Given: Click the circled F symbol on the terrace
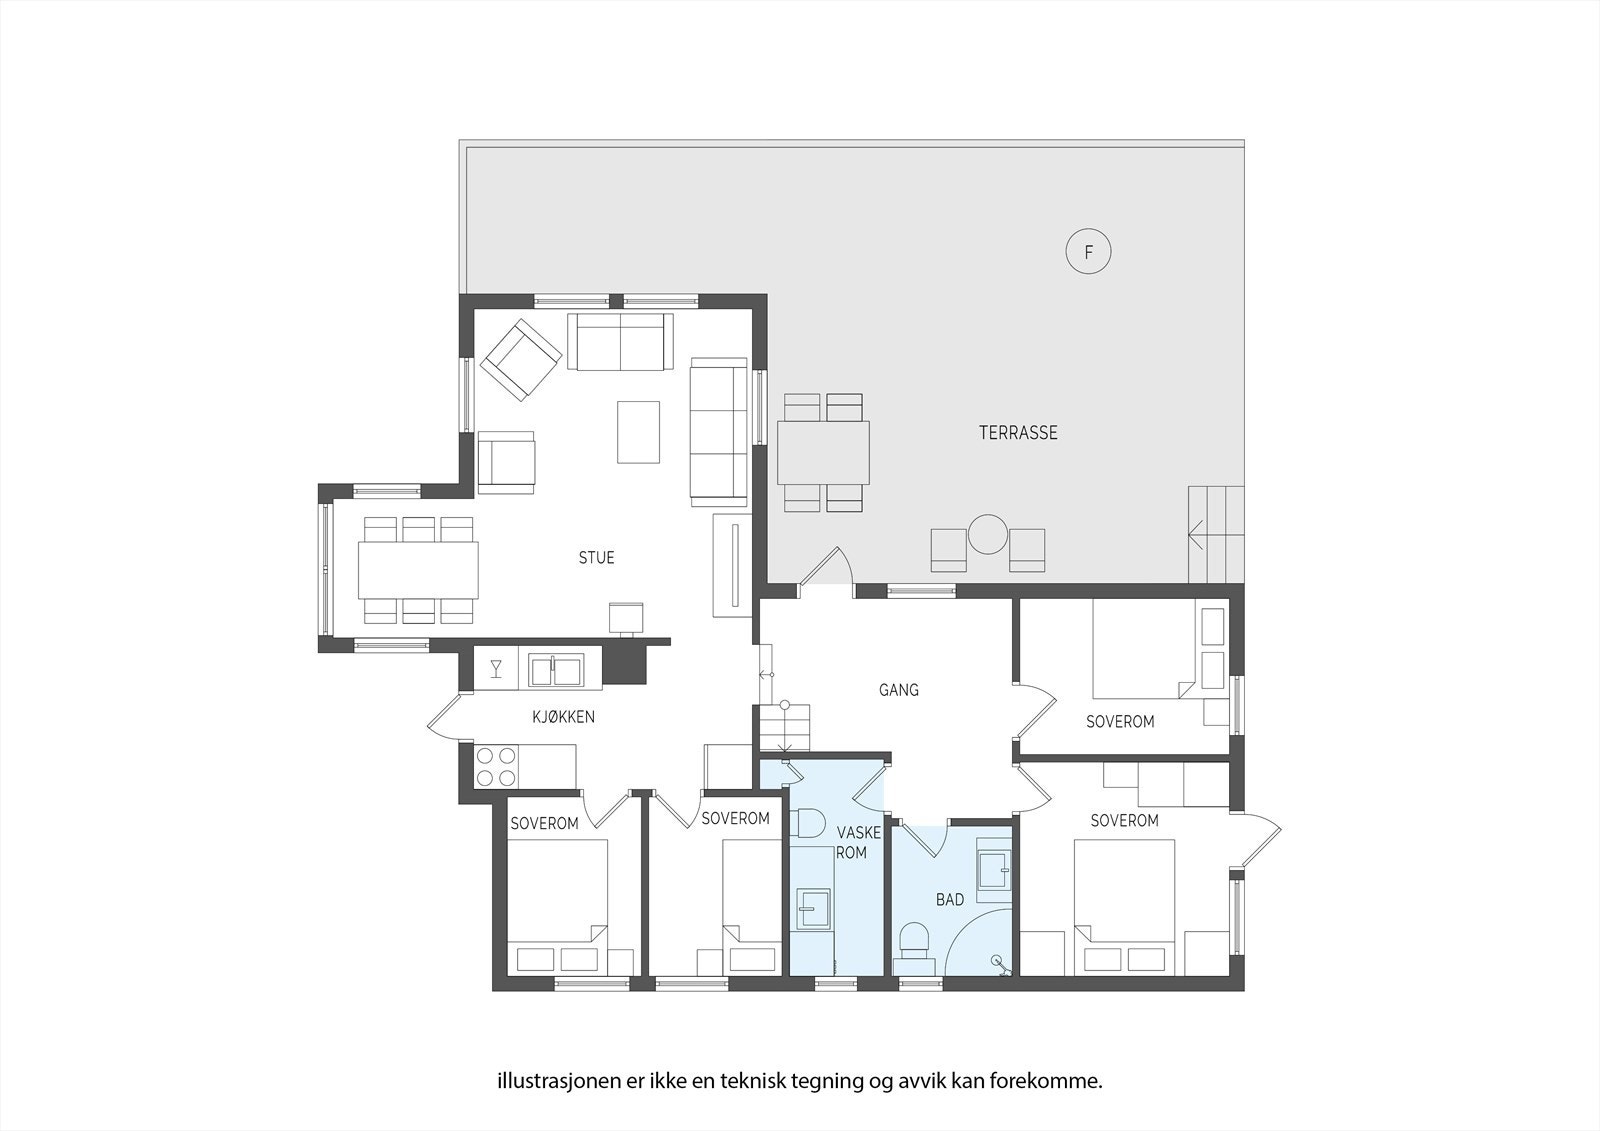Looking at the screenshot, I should point(1089,252).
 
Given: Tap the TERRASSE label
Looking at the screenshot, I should point(1018,433).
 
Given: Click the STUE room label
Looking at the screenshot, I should point(596,558).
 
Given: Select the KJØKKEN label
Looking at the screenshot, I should point(563,716).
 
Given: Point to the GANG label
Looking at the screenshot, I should point(898,690).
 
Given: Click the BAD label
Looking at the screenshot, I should point(950,900).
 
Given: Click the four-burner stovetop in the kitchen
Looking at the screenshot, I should point(497,766).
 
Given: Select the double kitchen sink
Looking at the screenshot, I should point(556,671).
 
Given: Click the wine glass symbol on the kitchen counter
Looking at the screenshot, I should point(496,668).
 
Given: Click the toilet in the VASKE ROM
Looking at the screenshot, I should point(806,824).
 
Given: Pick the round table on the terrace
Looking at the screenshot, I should point(987,534).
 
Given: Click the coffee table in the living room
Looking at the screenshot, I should point(639,432).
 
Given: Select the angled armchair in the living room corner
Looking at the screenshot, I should point(520,360).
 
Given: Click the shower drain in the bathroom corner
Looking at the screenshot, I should point(996,962).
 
